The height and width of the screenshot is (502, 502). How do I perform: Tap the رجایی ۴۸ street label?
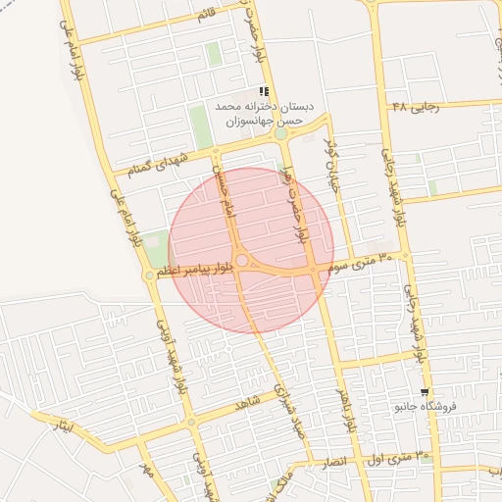click(416, 106)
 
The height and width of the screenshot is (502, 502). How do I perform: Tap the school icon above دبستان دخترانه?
click(263, 91)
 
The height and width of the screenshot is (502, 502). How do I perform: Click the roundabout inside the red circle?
click(242, 260)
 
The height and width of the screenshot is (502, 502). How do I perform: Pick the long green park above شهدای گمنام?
click(200, 127)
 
